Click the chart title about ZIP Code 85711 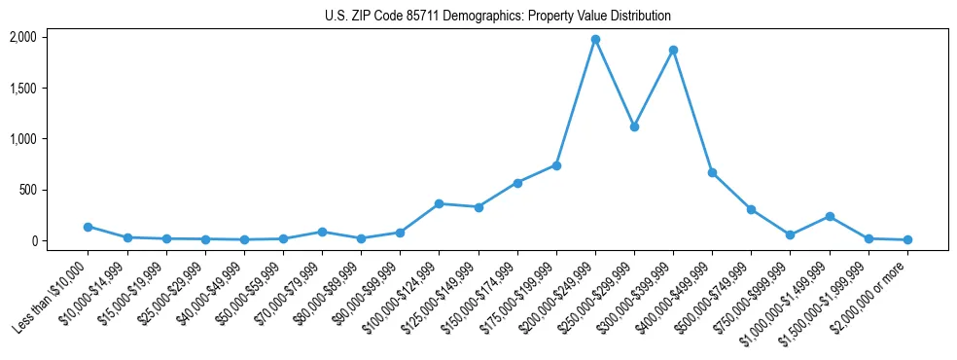tap(497, 17)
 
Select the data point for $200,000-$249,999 tap(595, 40)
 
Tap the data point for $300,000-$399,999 tap(673, 50)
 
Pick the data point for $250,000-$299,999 tap(634, 126)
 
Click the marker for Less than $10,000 tap(89, 227)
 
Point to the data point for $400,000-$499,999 tap(712, 172)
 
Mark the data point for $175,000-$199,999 tap(556, 165)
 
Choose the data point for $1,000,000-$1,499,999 tap(830, 216)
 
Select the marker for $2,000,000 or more tap(907, 239)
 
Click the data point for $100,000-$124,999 tap(439, 203)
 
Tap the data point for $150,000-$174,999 tap(517, 183)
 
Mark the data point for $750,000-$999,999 tap(791, 234)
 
